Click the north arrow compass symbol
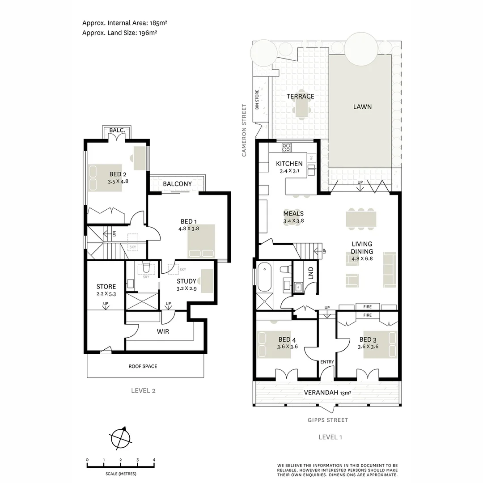(120, 438)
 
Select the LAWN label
(362, 106)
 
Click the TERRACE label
(300, 96)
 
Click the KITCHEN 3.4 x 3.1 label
(289, 167)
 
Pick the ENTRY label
(327, 362)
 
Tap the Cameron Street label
(244, 130)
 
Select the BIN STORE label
(257, 100)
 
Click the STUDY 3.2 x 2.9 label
(186, 285)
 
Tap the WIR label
(162, 332)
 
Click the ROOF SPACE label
(143, 366)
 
